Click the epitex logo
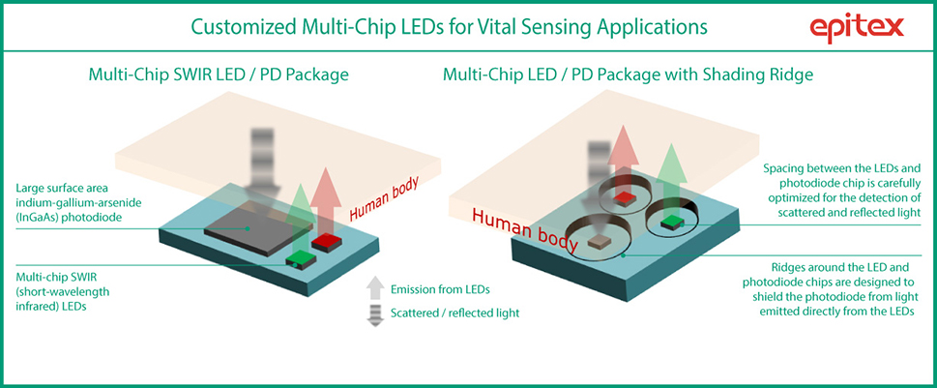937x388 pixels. [x=858, y=27]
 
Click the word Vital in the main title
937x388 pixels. [x=495, y=26]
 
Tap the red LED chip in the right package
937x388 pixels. [x=626, y=198]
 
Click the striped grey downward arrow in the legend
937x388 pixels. [x=375, y=313]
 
